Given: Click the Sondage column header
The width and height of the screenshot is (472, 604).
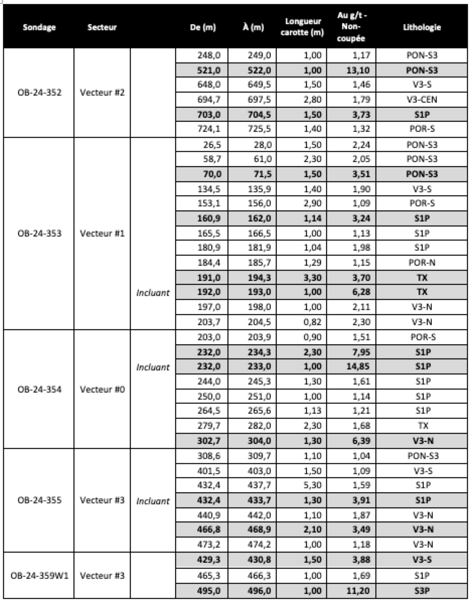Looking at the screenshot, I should click(x=39, y=28).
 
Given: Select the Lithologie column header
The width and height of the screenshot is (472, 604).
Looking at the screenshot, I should click(x=422, y=28).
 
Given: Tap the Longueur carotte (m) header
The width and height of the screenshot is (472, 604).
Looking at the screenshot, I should click(x=303, y=28).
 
